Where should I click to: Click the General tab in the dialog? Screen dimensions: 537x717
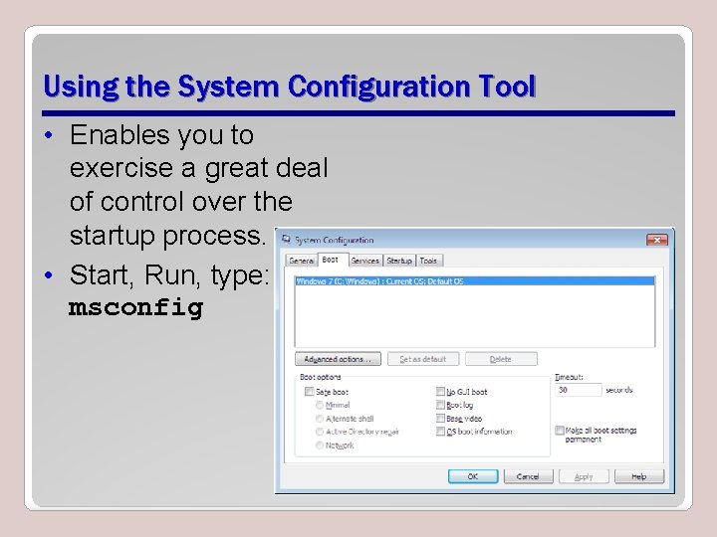tap(302, 261)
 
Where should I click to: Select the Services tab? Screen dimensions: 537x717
tap(365, 261)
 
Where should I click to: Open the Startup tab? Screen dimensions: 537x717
tap(399, 261)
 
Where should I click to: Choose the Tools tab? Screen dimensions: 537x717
tap(428, 261)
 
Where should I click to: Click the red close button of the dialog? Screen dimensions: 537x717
tap(657, 240)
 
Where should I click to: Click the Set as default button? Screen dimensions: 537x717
tap(423, 359)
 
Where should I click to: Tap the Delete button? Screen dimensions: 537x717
tap(501, 359)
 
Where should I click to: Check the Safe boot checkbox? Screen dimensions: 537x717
tap(310, 392)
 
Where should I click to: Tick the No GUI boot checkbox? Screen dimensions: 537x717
tap(440, 392)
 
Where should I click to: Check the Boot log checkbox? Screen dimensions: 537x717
tap(440, 405)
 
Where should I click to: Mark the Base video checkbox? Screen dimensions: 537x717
tap(440, 419)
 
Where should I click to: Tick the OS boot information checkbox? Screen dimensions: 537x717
tap(440, 432)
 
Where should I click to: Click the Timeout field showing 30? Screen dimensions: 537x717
tap(578, 390)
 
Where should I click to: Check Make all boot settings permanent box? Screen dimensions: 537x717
tap(560, 431)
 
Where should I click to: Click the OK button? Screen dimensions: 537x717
tap(473, 476)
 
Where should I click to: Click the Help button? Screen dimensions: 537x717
tap(639, 476)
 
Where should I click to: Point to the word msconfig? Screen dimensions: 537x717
tap(135, 308)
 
